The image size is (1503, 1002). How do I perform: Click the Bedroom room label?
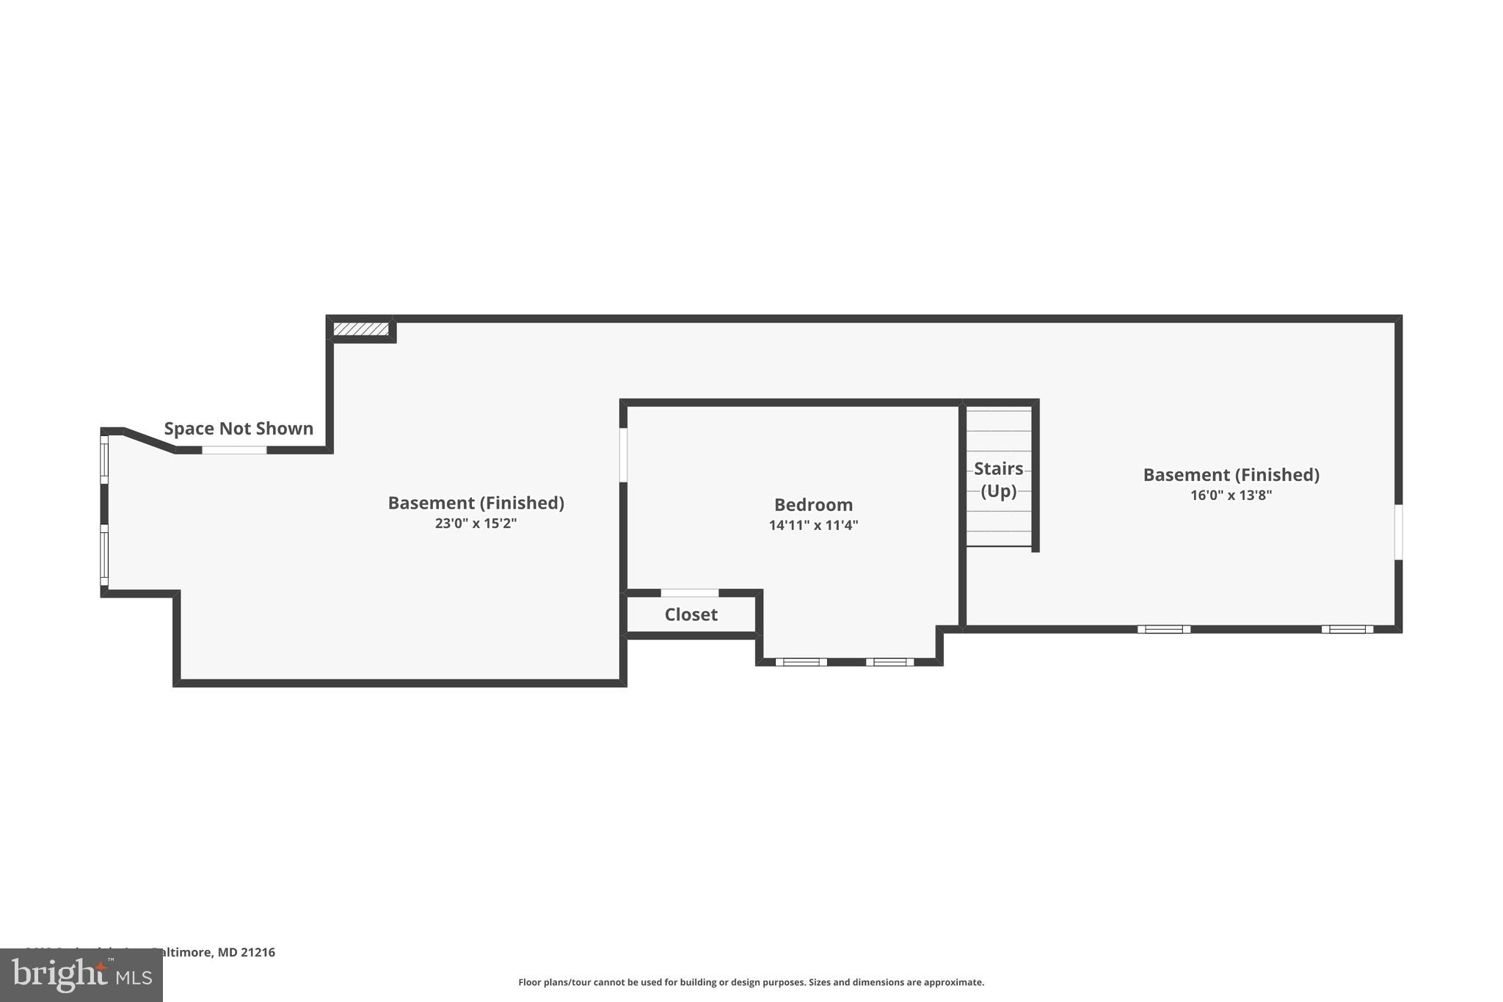pyautogui.click(x=813, y=505)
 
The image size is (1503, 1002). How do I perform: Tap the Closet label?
pyautogui.click(x=691, y=614)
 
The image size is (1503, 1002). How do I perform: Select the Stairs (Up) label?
pyautogui.click(x=998, y=479)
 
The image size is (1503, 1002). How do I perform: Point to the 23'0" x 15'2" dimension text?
pyautogui.click(x=476, y=523)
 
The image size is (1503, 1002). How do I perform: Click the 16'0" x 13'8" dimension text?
pyautogui.click(x=1231, y=495)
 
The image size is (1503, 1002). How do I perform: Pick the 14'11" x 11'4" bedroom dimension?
pyautogui.click(x=813, y=526)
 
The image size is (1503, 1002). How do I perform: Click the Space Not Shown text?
pyautogui.click(x=239, y=429)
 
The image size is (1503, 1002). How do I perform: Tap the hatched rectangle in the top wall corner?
pyautogui.click(x=360, y=329)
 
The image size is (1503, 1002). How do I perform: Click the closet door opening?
pyautogui.click(x=690, y=593)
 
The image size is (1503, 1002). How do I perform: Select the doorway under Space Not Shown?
pyautogui.click(x=234, y=450)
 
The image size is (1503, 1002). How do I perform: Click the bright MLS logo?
pyautogui.click(x=81, y=975)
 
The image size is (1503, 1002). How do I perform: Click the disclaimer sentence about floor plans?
pyautogui.click(x=751, y=982)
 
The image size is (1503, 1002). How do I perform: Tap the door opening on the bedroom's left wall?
pyautogui.click(x=623, y=455)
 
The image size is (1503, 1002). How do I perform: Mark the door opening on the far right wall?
pyautogui.click(x=1398, y=532)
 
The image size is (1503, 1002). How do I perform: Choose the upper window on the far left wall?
pyautogui.click(x=104, y=460)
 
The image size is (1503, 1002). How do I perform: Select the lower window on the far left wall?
pyautogui.click(x=104, y=554)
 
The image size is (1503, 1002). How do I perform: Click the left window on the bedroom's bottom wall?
pyautogui.click(x=801, y=662)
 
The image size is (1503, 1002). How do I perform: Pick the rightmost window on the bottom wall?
pyautogui.click(x=1347, y=629)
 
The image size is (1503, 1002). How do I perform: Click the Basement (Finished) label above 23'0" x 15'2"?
pyautogui.click(x=476, y=503)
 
